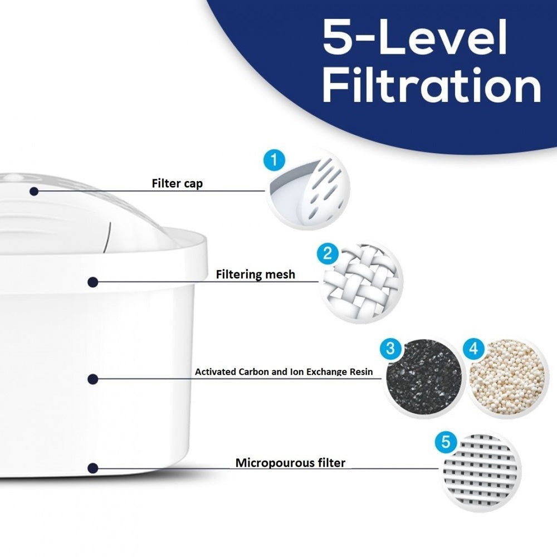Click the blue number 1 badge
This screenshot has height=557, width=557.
274,160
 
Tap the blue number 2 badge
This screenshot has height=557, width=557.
327,253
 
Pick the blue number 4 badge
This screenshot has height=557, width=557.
474,349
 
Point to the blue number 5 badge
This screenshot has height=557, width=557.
446,442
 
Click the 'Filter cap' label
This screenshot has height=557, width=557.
177,184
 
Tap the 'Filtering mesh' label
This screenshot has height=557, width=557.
256,275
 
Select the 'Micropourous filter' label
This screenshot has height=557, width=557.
290,463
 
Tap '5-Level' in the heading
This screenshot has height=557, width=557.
415,37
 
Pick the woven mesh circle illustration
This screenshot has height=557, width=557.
362,282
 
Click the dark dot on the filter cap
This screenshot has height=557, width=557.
34,192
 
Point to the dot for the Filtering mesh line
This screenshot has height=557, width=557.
92,282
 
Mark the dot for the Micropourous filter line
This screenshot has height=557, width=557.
92,468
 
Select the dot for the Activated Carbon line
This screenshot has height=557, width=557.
92,379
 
